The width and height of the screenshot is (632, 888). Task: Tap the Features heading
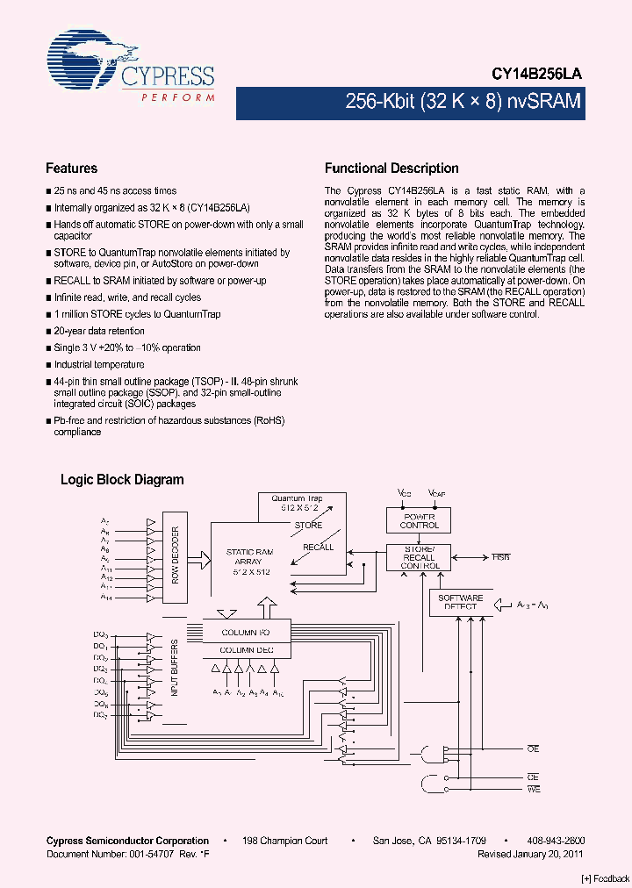pyautogui.click(x=71, y=168)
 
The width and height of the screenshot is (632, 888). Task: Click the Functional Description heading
pyautogui.click(x=391, y=168)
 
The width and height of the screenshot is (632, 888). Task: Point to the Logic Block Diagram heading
pyautogui.click(x=122, y=480)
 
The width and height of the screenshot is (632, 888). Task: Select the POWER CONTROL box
pyautogui.click(x=419, y=520)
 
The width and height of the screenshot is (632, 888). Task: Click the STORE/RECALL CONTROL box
pyautogui.click(x=419, y=557)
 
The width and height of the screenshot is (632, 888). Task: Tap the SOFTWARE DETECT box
pyautogui.click(x=460, y=602)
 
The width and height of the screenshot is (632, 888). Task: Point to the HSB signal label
pyautogui.click(x=499, y=557)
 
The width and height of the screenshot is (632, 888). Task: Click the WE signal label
pyautogui.click(x=534, y=790)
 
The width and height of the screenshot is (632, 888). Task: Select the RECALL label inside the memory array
pyautogui.click(x=318, y=547)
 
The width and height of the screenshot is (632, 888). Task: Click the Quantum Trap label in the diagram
pyautogui.click(x=297, y=498)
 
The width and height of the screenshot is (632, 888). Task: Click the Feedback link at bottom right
pyautogui.click(x=605, y=878)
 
